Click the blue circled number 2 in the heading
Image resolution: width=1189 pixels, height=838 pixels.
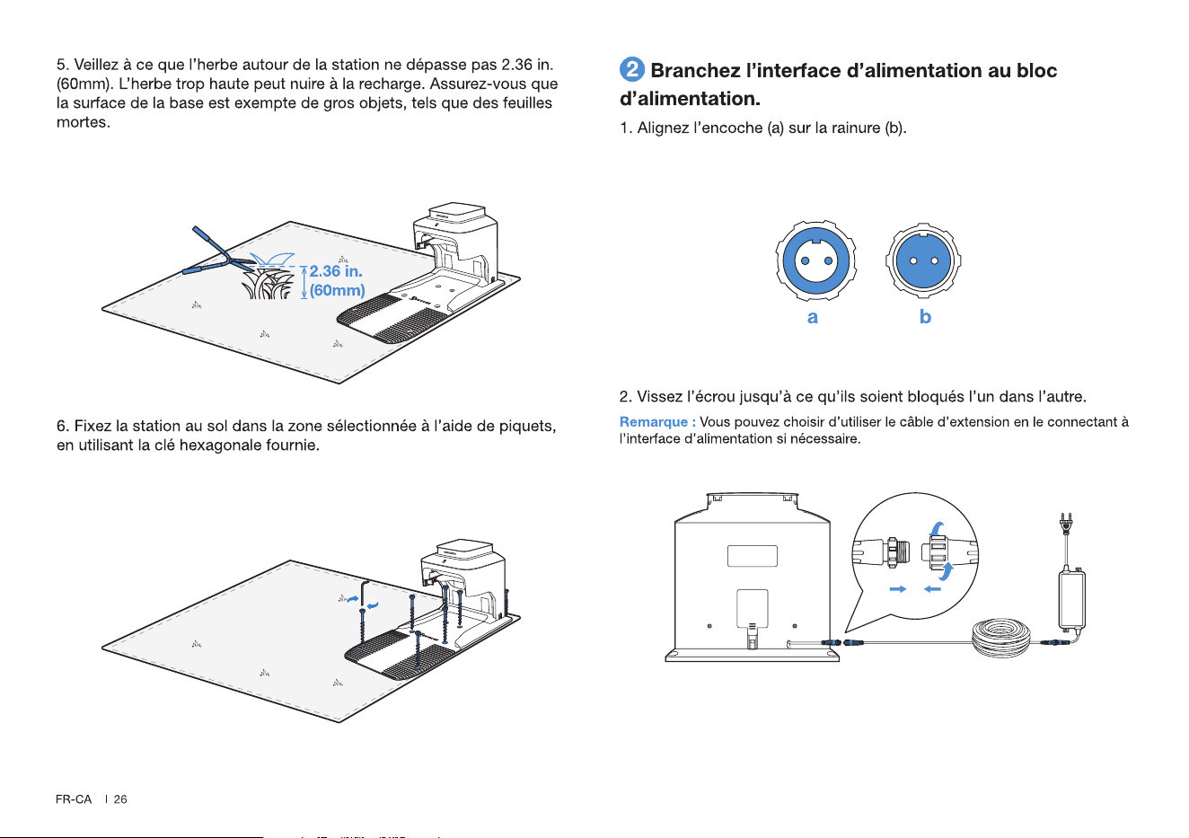631,69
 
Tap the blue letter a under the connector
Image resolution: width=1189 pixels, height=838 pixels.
812,318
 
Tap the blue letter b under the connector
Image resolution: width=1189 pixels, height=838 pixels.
925,316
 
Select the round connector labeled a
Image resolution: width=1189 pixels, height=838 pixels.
815,260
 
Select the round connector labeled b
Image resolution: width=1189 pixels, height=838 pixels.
923,260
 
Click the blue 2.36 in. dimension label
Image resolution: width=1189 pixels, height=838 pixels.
336,271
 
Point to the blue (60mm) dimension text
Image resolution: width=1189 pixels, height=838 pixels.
337,290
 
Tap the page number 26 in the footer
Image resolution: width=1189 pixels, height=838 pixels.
120,799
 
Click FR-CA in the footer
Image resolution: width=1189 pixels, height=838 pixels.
74,799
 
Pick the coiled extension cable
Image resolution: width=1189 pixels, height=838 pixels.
1000,638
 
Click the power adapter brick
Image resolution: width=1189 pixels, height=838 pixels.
1071,599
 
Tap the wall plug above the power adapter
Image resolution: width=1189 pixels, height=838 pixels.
1066,523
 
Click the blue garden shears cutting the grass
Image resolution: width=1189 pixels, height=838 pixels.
219,254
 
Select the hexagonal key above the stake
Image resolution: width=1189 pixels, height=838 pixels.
365,595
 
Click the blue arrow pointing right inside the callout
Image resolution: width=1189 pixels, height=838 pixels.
898,589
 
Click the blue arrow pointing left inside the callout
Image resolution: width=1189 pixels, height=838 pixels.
933,589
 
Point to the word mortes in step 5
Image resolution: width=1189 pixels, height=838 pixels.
84,122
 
